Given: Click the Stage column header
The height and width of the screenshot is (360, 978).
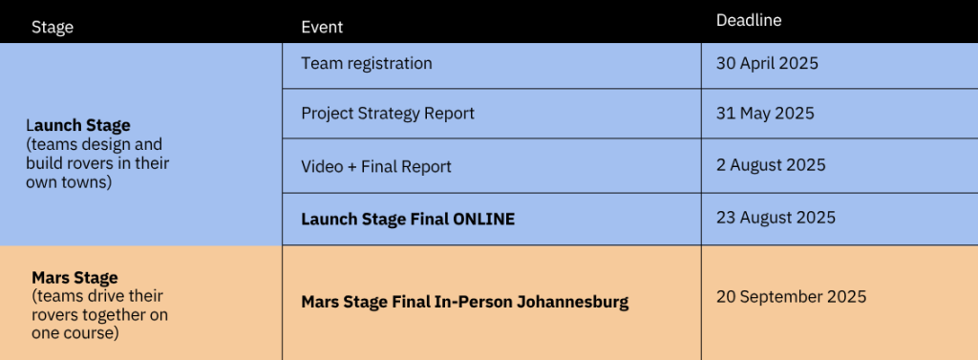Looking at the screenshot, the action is [x=53, y=28].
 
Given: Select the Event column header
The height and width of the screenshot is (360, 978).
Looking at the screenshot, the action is [x=322, y=28].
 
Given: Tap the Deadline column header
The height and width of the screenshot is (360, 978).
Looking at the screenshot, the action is [x=749, y=20].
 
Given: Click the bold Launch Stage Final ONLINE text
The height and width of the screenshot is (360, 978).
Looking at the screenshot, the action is [x=408, y=220].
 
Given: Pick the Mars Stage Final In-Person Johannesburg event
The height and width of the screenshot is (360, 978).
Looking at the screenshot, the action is [x=465, y=303].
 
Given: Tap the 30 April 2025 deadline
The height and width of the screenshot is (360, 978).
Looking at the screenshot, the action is [x=767, y=64].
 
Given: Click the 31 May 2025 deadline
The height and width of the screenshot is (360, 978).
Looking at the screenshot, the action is [x=765, y=114].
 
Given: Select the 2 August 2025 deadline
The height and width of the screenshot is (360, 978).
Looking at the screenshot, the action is [x=771, y=165].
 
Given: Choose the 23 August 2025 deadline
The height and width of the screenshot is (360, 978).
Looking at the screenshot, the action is [x=776, y=218].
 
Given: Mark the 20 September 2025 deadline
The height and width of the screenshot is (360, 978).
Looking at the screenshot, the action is [x=791, y=296].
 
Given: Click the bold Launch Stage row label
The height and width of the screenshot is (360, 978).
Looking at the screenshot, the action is [x=78, y=125].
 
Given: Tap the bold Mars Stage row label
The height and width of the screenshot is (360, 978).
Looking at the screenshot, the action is [x=74, y=277].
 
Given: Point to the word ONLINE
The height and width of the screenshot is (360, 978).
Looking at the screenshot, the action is [x=484, y=220].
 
